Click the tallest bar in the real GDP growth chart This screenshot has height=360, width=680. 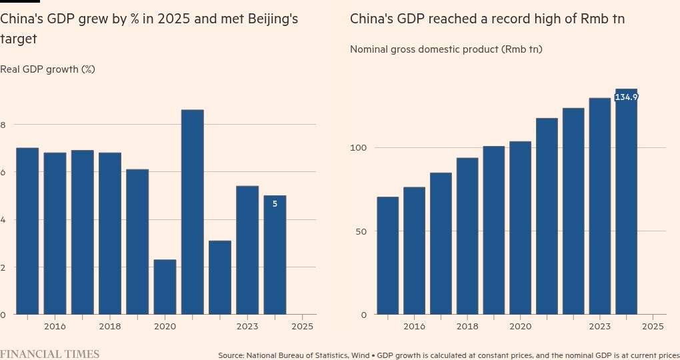[193, 212]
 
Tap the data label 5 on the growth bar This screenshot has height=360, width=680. [275, 204]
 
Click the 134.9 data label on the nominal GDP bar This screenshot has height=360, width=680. [626, 97]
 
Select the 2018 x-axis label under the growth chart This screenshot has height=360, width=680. [110, 327]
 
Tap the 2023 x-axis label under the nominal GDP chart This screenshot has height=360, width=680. [599, 327]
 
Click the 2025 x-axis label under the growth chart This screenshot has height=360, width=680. [302, 327]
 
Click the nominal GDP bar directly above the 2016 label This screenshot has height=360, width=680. [414, 251]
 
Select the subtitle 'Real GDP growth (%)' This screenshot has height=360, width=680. [47, 69]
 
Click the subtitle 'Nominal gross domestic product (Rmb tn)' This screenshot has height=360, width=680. [446, 49]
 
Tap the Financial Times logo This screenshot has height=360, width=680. [49, 354]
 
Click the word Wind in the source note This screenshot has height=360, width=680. [361, 355]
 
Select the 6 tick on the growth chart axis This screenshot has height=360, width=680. [3, 172]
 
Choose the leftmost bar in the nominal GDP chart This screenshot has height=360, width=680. [387, 255]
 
